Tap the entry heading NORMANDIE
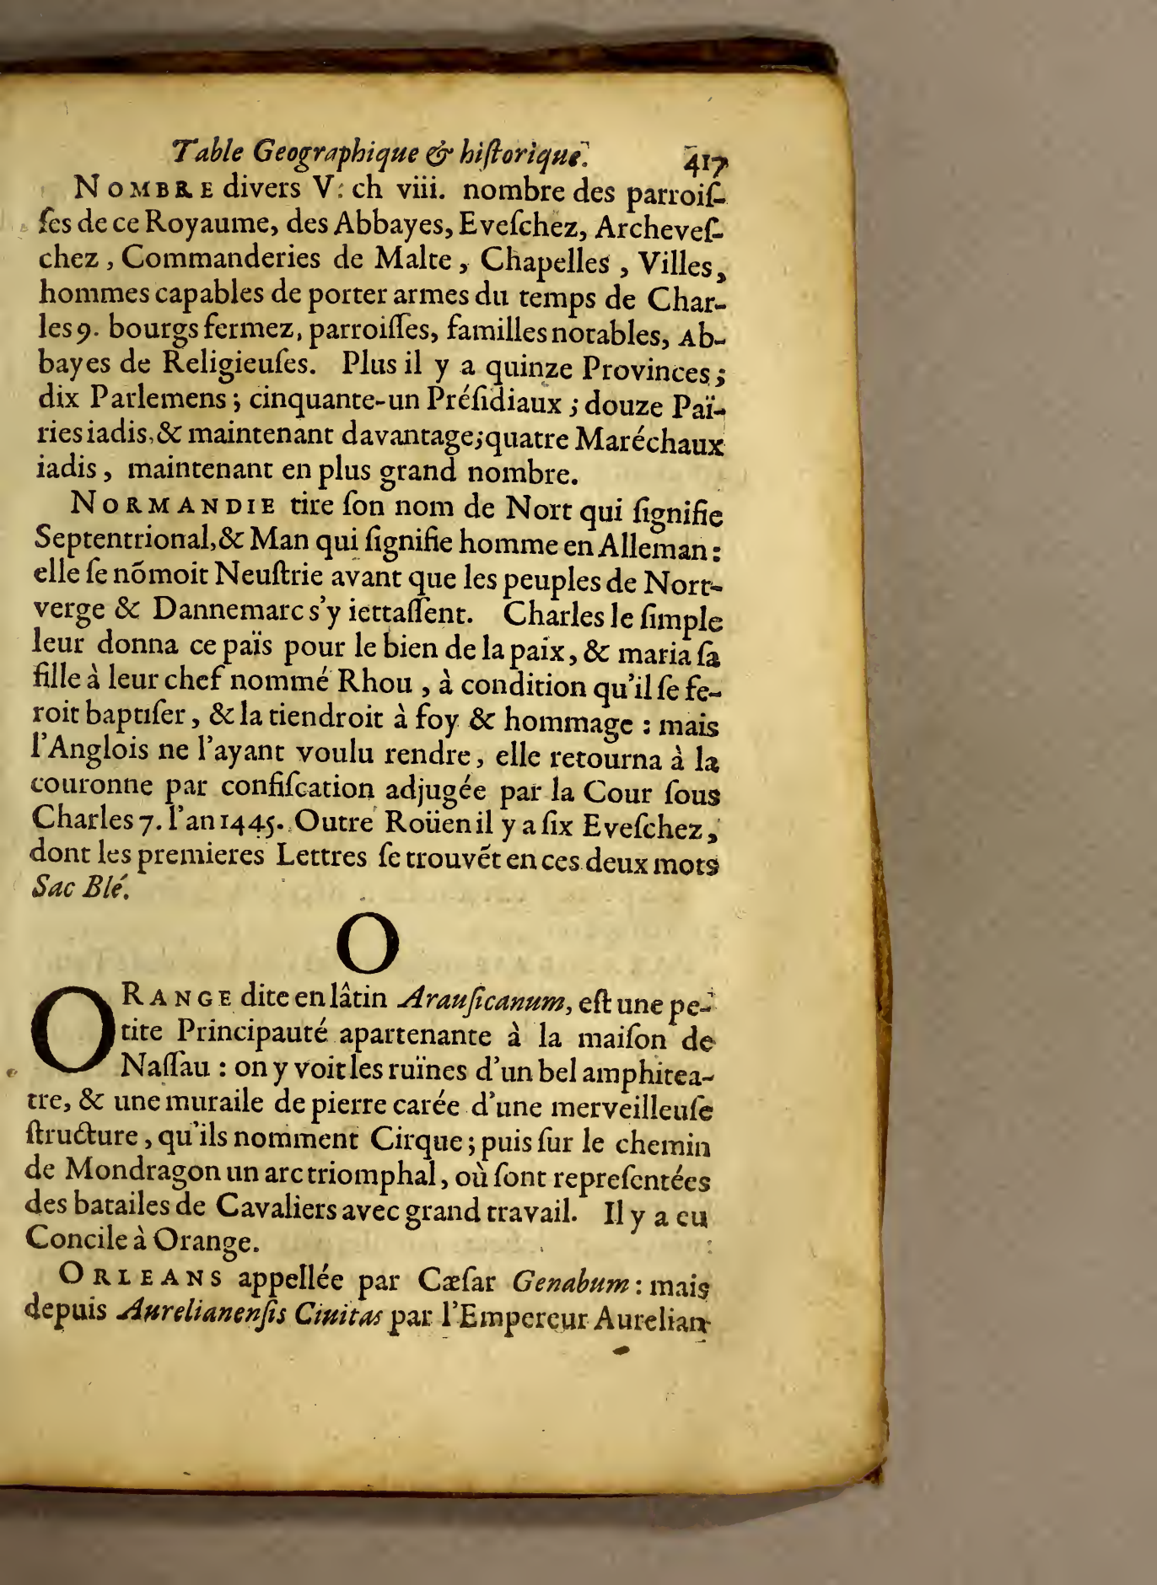pyautogui.click(x=174, y=507)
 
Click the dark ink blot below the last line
pyautogui.click(x=624, y=1351)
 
